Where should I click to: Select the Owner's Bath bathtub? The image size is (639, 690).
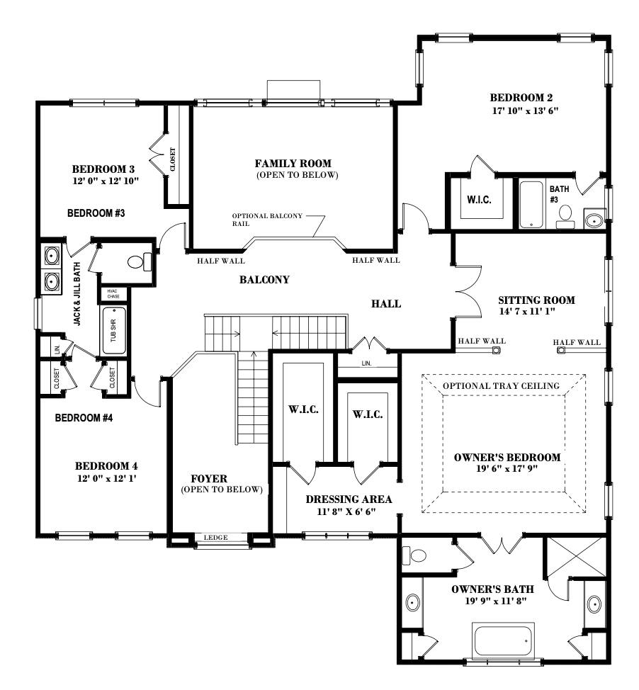[503, 640]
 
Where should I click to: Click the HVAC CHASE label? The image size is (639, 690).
[113, 293]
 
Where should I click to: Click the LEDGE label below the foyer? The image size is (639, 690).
[215, 538]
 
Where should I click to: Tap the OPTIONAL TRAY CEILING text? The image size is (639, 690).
[502, 385]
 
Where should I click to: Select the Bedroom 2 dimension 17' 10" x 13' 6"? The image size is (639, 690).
[521, 111]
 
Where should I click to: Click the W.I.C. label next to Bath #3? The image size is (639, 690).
[479, 200]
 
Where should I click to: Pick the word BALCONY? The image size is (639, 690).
[264, 280]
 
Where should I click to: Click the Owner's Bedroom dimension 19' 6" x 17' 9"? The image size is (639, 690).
[507, 470]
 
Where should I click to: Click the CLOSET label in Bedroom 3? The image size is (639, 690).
[173, 159]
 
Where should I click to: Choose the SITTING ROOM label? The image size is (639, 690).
[536, 300]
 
